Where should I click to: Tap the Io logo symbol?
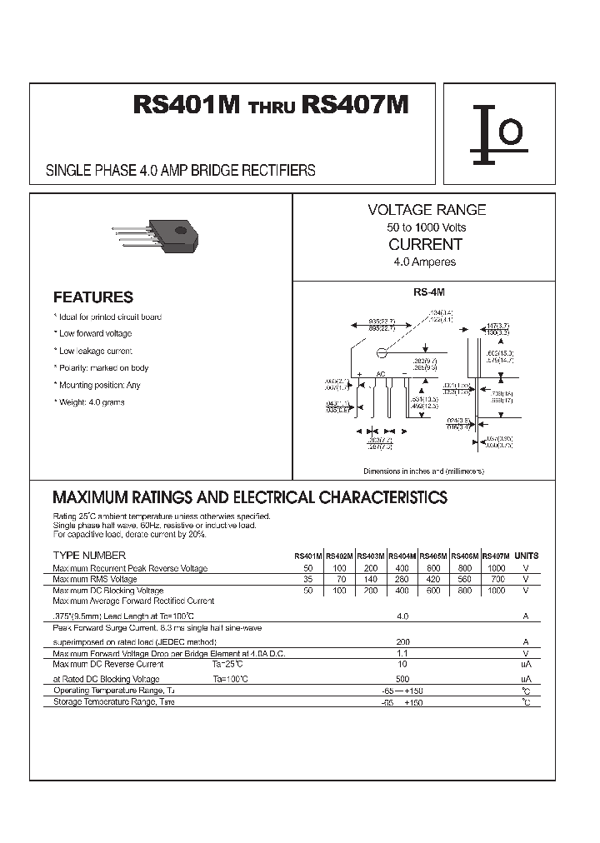tap(498, 133)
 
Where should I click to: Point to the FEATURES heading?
tap(93, 297)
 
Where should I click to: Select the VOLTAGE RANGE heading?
tap(427, 211)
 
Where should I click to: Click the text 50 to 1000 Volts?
tap(427, 227)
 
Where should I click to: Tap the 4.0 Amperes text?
tap(425, 262)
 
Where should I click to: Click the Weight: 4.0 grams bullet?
tap(91, 402)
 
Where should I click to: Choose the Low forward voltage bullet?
tap(93, 333)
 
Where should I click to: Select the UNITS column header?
tap(527, 556)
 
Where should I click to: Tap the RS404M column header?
tap(402, 556)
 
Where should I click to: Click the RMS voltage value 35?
tap(308, 579)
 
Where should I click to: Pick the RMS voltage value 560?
tap(465, 579)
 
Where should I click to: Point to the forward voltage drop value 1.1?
tap(402, 654)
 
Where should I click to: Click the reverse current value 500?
tap(402, 679)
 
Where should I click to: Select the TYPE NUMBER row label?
tap(89, 555)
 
